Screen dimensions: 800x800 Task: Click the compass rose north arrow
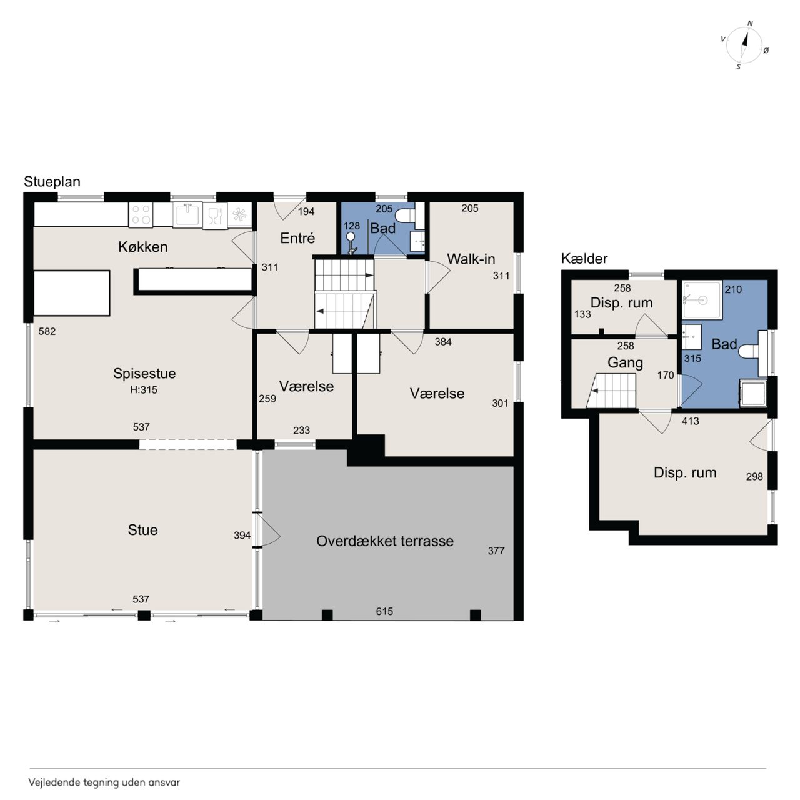coord(745,45)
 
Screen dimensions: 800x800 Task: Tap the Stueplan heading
coord(52,182)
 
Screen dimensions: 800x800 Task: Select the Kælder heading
coord(584,259)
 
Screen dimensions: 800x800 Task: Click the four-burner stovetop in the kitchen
coord(141,215)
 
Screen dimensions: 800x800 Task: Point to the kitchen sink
coord(187,214)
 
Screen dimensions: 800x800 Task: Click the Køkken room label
coord(143,247)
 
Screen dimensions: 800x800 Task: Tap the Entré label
coord(297,238)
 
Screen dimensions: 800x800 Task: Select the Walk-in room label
coord(471,259)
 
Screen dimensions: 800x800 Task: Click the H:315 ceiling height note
coord(144,390)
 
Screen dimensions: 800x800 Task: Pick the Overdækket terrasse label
coord(385,541)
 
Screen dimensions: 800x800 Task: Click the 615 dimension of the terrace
coord(384,611)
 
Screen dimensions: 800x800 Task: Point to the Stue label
coord(143,530)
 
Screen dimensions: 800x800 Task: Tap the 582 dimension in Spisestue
coord(47,331)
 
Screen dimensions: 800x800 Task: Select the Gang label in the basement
coord(625,363)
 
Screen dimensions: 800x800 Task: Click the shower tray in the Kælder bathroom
coord(702,300)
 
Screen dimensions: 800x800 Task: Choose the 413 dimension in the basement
coord(691,421)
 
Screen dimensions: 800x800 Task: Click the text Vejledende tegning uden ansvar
coord(104,782)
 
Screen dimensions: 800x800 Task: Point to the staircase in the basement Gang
coord(611,391)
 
